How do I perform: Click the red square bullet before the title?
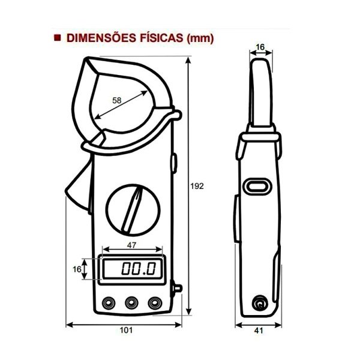[58, 38]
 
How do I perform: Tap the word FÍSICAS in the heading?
[160, 38]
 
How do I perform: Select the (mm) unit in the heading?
[200, 38]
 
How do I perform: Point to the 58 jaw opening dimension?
[116, 100]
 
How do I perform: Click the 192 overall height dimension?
[197, 186]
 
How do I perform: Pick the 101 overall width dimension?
[126, 330]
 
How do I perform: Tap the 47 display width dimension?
[131, 245]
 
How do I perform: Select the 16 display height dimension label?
[77, 269]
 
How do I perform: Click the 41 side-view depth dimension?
[259, 331]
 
